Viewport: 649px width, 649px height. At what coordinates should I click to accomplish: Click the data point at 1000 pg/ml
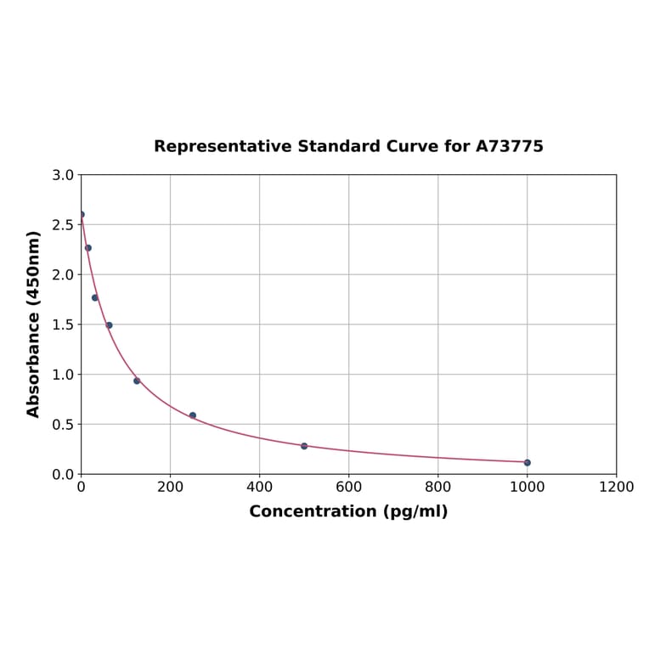(527, 462)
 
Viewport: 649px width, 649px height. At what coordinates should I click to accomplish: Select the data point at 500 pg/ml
(304, 446)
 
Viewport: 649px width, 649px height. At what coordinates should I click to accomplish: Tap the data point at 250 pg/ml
(193, 415)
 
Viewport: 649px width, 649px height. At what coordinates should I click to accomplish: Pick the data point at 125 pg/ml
(137, 381)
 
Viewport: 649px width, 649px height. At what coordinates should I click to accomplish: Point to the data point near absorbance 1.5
(109, 325)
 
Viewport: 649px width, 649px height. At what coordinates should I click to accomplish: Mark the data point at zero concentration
(82, 215)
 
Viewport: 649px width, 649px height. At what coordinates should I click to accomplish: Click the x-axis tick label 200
(170, 487)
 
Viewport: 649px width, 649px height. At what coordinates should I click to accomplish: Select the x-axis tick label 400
(259, 487)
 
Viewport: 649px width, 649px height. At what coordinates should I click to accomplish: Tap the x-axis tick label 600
(348, 487)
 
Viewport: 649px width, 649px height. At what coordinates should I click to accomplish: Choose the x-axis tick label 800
(437, 487)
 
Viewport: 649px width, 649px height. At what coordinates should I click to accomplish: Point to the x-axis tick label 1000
(527, 487)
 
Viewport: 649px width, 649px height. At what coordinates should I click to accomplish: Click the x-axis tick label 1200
(616, 487)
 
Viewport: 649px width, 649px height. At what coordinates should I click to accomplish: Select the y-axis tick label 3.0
(63, 175)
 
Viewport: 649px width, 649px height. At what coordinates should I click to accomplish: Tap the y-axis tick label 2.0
(63, 274)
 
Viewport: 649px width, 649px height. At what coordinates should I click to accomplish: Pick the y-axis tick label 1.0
(63, 375)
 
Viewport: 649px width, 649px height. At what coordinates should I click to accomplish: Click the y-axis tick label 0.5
(63, 424)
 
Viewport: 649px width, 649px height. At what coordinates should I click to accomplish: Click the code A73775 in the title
(509, 146)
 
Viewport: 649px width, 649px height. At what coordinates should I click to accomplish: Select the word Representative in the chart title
(223, 146)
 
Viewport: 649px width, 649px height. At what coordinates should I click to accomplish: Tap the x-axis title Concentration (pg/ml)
(348, 511)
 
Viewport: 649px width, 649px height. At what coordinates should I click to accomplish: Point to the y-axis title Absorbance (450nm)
(34, 324)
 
